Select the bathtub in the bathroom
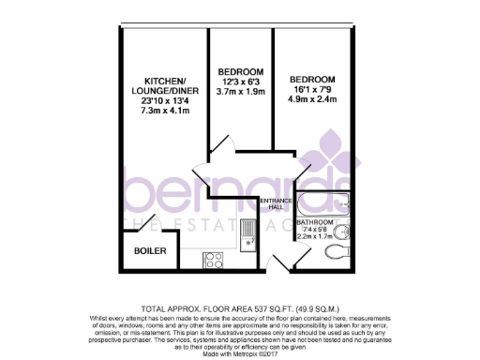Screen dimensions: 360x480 (x=328, y=198)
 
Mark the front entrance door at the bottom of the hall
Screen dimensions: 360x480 (x=278, y=263)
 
